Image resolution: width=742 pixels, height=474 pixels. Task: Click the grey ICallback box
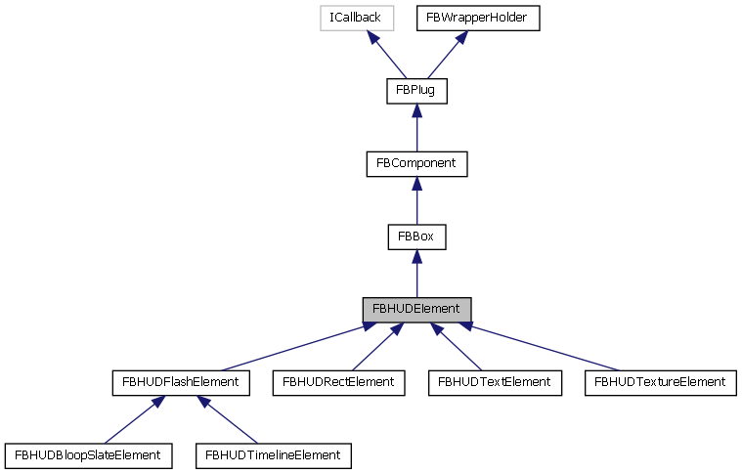point(359,18)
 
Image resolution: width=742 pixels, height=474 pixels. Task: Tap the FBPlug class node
point(416,91)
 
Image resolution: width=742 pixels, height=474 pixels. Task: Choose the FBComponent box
point(416,163)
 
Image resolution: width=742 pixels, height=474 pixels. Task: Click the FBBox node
point(416,237)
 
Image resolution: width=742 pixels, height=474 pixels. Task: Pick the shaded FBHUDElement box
point(416,309)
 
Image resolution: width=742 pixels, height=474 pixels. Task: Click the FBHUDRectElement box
point(337,382)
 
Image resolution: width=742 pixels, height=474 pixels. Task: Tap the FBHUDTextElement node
point(495,382)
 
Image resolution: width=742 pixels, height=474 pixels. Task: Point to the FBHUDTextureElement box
point(659,382)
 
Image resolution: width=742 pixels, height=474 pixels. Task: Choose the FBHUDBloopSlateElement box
point(89,454)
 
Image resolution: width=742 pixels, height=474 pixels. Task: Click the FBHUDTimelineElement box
point(273,454)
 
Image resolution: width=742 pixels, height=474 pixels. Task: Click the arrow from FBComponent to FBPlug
point(416,127)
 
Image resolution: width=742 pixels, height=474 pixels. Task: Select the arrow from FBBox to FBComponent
point(416,200)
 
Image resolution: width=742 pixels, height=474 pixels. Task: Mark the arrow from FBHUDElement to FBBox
point(416,273)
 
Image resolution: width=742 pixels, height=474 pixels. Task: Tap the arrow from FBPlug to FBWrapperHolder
point(440,54)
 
